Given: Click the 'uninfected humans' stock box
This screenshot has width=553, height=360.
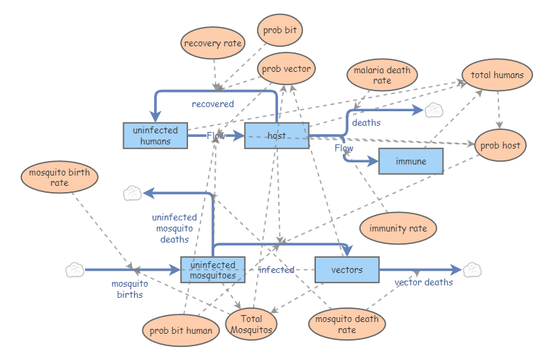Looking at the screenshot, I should tap(156, 135).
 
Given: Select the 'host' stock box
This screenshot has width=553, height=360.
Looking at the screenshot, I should tap(276, 135).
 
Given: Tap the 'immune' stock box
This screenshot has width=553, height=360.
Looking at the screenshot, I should tap(411, 161).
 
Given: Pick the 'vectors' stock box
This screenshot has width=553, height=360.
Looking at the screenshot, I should tap(347, 269).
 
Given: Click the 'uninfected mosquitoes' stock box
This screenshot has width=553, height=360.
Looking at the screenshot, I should tap(213, 269).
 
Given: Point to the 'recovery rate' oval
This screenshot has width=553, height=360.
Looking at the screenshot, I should tap(213, 44).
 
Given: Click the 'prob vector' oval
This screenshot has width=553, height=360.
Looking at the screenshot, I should tap(286, 68).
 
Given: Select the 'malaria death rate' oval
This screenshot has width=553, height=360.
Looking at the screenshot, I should tap(382, 75).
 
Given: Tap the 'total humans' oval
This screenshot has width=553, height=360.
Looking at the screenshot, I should tap(497, 75).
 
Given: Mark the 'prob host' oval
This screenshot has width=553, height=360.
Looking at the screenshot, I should tap(502, 145).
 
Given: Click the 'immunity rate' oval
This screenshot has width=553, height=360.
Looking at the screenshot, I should tap(398, 228).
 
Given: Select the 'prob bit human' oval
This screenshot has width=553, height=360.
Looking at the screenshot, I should tap(180, 330).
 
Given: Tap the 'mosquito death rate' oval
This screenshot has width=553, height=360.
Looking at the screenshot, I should tap(347, 324).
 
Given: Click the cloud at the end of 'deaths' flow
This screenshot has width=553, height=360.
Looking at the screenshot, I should tap(433, 109).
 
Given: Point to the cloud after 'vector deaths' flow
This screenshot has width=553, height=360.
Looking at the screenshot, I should tap(472, 269).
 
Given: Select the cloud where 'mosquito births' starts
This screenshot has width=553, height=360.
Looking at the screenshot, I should tap(75, 269).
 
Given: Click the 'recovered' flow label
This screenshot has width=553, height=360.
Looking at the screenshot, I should tap(213, 104).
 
